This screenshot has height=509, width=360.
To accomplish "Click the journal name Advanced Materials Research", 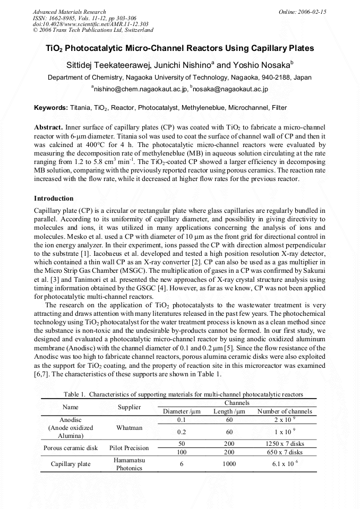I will pyautogui.click(x=69, y=12).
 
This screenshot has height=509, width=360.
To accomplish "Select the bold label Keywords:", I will pyautogui.click(x=51, y=108).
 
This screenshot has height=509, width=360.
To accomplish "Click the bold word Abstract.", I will pyautogui.click(x=48, y=128).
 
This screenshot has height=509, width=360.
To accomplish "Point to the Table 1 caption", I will pyautogui.click(x=183, y=394).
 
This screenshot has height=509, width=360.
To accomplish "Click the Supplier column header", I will pyautogui.click(x=129, y=407).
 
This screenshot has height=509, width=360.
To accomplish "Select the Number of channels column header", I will pyautogui.click(x=285, y=411).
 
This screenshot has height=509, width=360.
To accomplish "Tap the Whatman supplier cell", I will pyautogui.click(x=129, y=427).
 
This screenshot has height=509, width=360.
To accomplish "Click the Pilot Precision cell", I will pyautogui.click(x=129, y=448).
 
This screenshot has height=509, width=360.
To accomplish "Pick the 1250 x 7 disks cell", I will pyautogui.click(x=285, y=443).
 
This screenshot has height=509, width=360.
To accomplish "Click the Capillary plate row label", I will pyautogui.click(x=71, y=464).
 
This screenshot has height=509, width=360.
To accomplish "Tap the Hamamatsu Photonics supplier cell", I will pyautogui.click(x=129, y=464).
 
